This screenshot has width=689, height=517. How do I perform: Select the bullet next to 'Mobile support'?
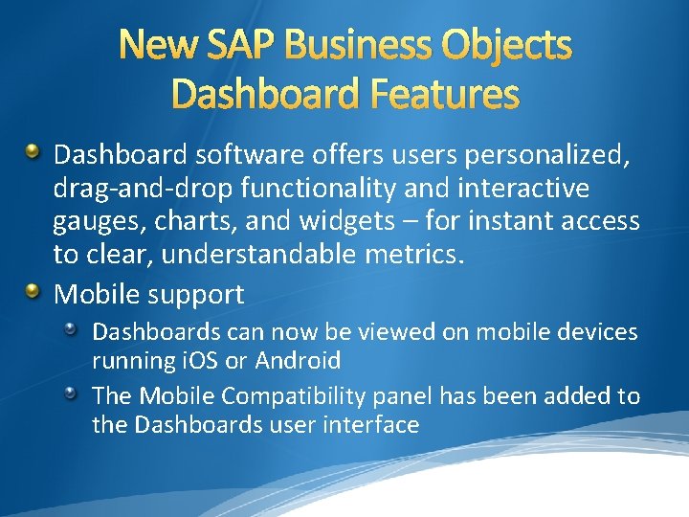click(34, 290)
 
